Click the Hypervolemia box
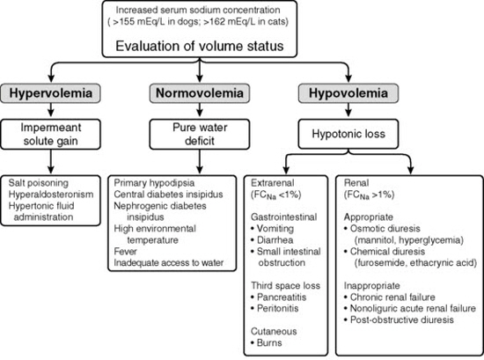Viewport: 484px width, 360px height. tap(51, 93)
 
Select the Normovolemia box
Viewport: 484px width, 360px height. tap(200, 93)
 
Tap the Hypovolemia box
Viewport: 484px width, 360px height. tap(348, 93)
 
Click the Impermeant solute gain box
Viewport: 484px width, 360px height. tap(51, 135)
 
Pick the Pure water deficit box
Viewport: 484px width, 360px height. tap(200, 135)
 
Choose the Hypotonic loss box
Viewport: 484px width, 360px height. tap(348, 134)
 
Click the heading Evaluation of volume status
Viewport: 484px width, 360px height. tap(200, 46)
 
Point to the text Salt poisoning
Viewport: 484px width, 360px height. tap(38, 183)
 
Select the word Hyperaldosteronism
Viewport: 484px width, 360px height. tap(51, 195)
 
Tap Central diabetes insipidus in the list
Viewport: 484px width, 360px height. tap(168, 195)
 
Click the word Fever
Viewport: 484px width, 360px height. tap(125, 252)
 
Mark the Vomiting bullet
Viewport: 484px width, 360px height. tap(272, 229)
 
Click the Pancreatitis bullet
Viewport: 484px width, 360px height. tap(278, 297)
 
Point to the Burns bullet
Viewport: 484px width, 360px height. tap(266, 342)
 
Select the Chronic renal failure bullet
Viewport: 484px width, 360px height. tap(390, 297)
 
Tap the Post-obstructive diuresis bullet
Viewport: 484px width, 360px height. tap(399, 320)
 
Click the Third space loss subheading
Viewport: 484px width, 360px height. tap(285, 285)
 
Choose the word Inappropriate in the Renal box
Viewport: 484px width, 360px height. tap(372, 285)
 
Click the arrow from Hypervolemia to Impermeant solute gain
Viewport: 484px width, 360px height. tap(51, 110)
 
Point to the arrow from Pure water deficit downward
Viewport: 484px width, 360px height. tap(200, 161)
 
